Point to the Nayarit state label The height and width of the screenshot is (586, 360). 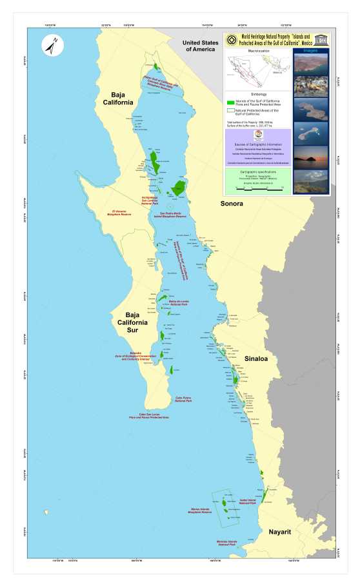(281, 532)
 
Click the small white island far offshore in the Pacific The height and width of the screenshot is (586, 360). (46, 513)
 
